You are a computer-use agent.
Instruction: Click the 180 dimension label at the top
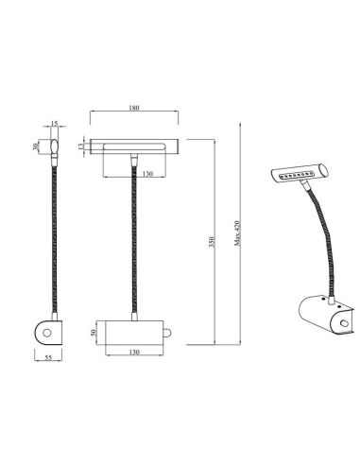pos(133,110)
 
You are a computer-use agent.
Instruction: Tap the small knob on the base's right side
pos(167,333)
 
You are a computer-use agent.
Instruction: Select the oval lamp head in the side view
pos(55,146)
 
